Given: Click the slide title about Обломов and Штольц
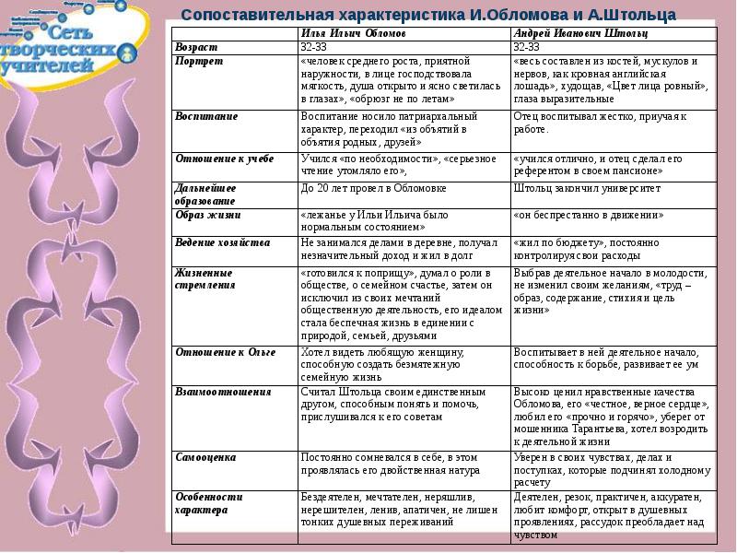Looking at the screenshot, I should pos(427,15).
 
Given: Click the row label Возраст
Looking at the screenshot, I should pos(195,47).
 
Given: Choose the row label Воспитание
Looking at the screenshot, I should pos(206,117).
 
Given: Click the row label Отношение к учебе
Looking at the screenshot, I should pos(224,159).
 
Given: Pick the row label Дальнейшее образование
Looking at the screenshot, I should pos(205,194).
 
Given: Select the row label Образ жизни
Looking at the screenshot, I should pos(207,215).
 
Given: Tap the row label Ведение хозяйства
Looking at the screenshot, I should pos(222,242).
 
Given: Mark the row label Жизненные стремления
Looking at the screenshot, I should pos(204,279).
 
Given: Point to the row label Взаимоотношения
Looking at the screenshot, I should pos(222,392).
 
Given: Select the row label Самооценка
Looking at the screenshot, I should pos(205,457).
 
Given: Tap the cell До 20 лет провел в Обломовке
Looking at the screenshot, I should pos(360,188).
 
